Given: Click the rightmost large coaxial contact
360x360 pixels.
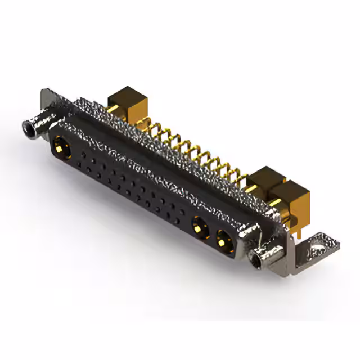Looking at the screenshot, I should (223, 238).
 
